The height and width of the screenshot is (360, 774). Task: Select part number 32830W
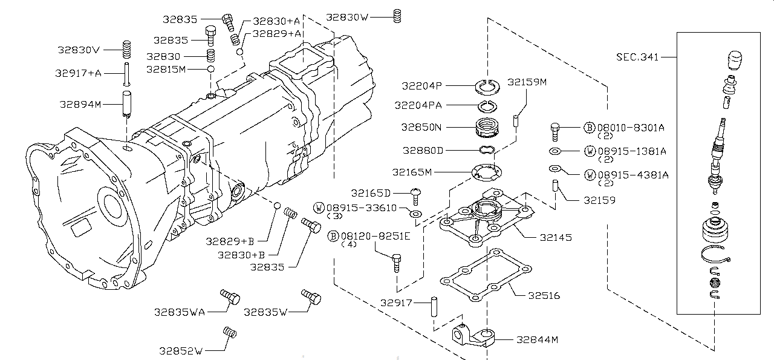(347, 18)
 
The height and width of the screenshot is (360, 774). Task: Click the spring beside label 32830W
(397, 16)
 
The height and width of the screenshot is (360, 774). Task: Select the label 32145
(554, 237)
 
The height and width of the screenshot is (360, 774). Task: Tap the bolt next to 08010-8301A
(556, 129)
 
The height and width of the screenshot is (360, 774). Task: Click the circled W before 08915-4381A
(590, 175)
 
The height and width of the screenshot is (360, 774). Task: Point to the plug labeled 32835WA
(230, 297)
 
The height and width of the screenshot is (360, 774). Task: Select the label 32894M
(80, 104)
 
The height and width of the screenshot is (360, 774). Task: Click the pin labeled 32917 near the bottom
(434, 306)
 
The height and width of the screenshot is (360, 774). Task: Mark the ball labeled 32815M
(210, 70)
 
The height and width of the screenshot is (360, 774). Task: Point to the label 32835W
(265, 312)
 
